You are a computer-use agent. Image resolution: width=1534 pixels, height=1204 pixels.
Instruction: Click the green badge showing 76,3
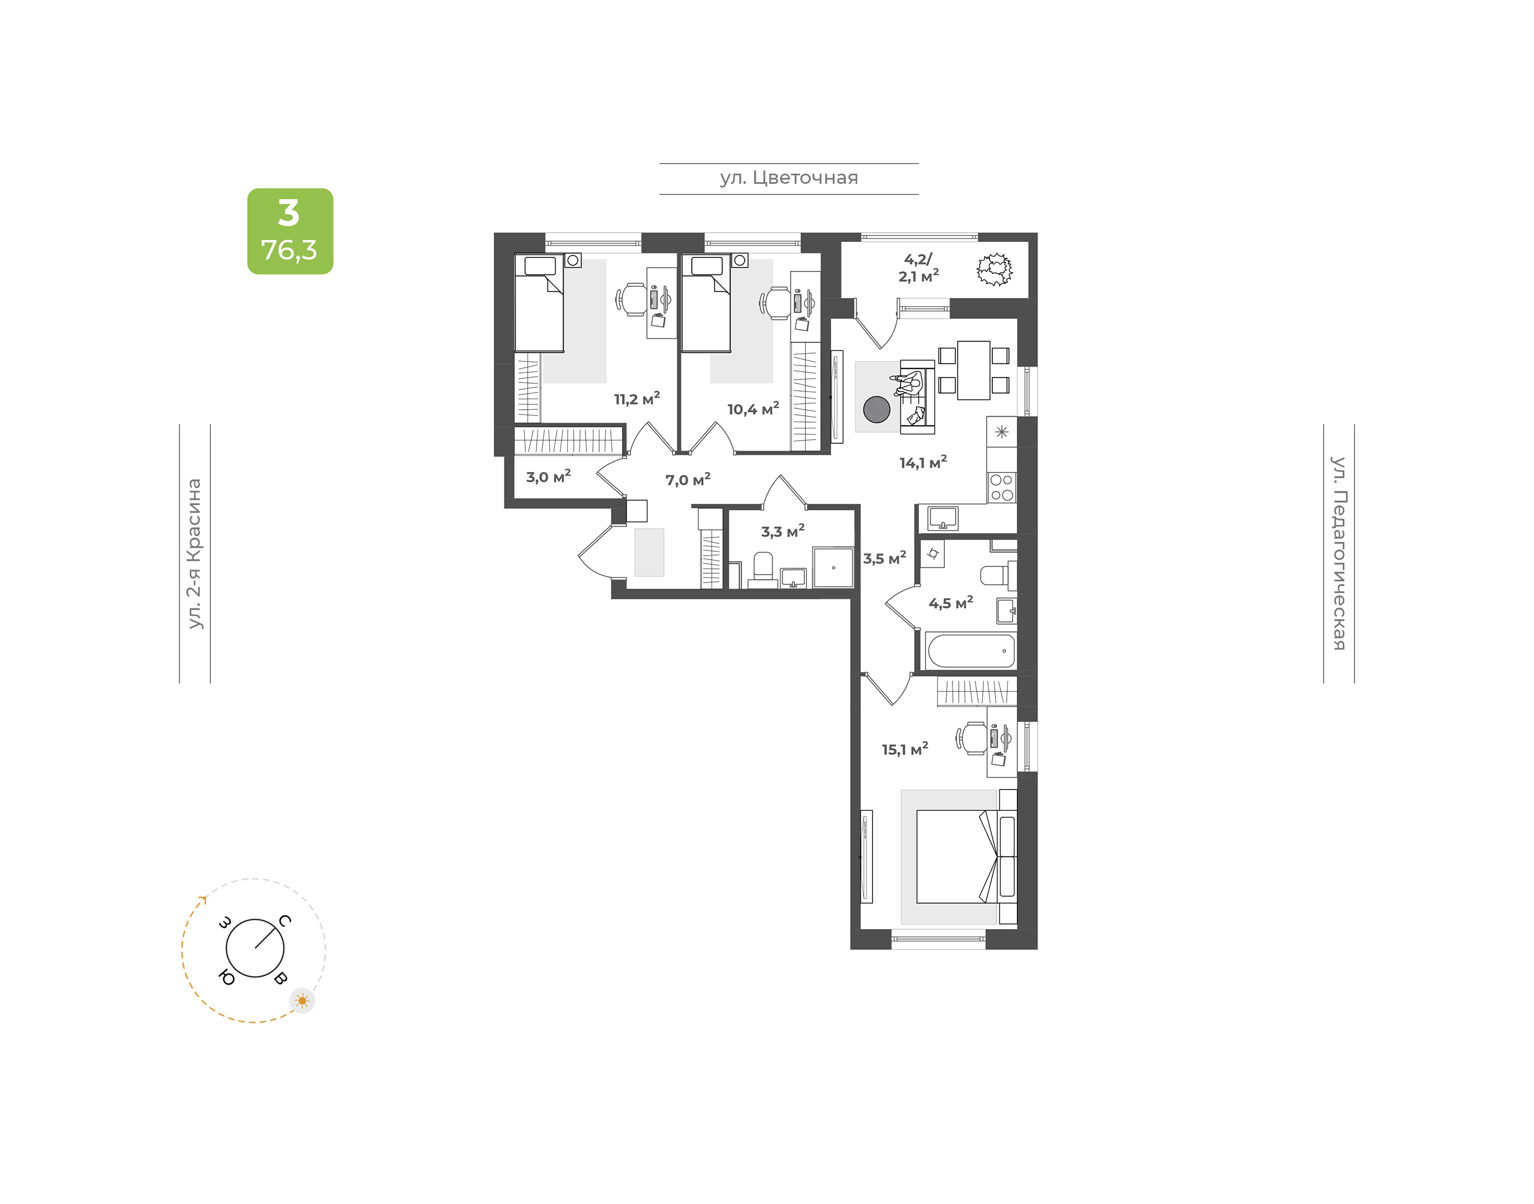point(290,231)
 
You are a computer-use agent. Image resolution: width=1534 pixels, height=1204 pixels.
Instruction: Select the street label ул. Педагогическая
point(1338,554)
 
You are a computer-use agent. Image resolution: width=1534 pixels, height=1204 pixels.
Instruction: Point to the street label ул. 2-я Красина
point(194,554)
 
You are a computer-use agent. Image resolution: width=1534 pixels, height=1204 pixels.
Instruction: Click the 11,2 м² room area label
point(637,399)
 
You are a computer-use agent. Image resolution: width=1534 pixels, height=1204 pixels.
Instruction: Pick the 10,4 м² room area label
point(753,409)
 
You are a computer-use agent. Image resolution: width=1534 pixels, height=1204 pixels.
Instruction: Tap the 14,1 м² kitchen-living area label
point(923,462)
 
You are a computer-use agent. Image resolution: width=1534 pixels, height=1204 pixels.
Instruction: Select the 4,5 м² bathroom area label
point(951,603)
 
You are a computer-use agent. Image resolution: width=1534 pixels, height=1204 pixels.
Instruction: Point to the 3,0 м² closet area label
point(548,476)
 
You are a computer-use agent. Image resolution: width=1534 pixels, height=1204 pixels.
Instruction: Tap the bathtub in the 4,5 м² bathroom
point(971,650)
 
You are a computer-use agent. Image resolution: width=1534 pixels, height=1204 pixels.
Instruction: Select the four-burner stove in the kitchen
point(1001,487)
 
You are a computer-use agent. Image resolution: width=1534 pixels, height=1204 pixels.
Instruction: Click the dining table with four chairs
point(973,370)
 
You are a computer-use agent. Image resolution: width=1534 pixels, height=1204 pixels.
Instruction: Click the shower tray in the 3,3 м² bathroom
point(833,567)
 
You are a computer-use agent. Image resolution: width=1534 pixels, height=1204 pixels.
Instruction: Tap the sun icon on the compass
point(303,1001)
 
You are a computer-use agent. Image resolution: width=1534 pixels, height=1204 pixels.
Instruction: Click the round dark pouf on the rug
point(877,409)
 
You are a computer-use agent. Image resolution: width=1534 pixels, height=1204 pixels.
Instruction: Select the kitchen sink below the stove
point(943,518)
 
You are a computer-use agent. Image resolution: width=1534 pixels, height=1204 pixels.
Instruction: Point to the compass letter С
point(284,921)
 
